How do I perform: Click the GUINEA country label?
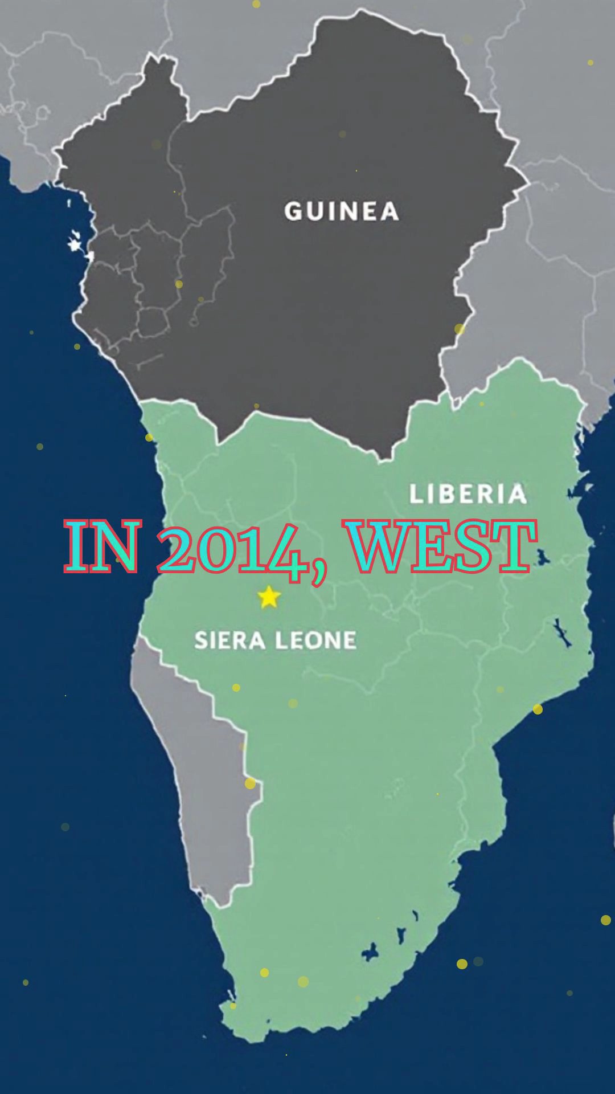[342, 211]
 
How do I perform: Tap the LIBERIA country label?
[468, 494]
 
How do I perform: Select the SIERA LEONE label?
[276, 640]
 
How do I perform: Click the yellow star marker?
[269, 597]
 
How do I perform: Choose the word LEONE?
[317, 640]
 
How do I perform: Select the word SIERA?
[230, 640]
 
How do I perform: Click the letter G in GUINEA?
[294, 211]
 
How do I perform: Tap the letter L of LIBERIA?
[416, 494]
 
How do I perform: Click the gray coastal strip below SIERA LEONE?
[211, 798]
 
